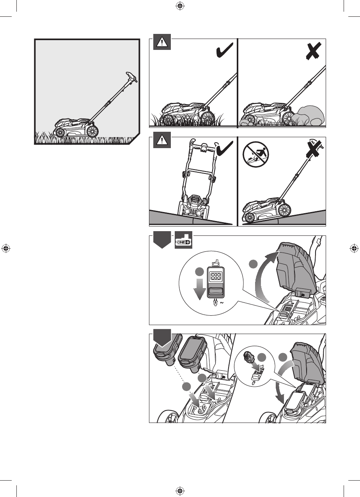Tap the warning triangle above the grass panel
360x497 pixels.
[162, 42]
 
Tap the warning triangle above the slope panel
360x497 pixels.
[162, 140]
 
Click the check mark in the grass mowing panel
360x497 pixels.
[225, 50]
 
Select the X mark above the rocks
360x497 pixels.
[313, 51]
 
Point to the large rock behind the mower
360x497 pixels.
[311, 115]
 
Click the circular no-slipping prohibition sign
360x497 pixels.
[256, 154]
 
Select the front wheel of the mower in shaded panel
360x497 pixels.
[60, 133]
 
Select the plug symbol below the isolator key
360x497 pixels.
[215, 302]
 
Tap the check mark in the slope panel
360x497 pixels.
[225, 148]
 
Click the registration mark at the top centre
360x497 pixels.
[180, 6]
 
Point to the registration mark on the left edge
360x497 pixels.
[6, 248]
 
